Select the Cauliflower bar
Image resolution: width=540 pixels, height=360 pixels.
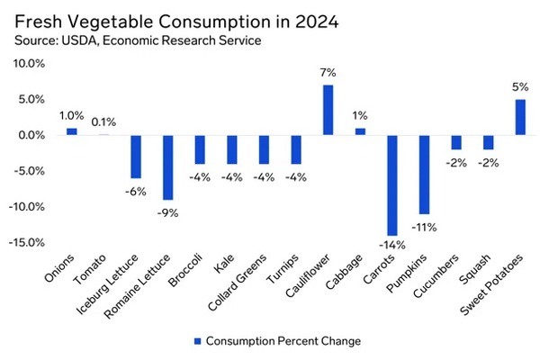328,110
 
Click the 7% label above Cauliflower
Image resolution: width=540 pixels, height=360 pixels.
328,73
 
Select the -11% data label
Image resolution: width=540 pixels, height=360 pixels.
425,226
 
